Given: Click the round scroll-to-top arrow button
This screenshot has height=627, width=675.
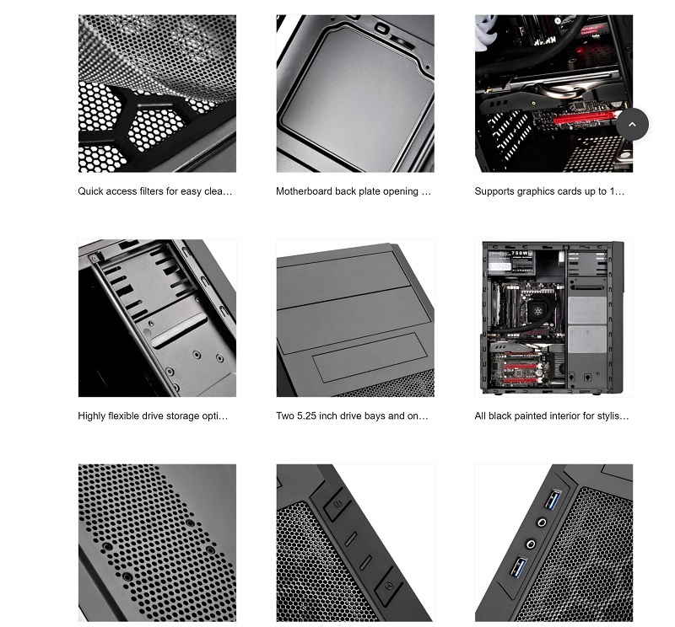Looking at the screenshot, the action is (x=632, y=124).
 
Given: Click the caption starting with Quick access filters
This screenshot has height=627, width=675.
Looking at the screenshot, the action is (x=155, y=191).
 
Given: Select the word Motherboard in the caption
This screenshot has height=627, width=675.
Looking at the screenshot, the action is (x=304, y=191).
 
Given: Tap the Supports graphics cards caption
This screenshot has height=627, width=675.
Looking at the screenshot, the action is (x=549, y=191).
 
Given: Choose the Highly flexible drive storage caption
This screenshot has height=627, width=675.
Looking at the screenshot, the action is (x=153, y=415).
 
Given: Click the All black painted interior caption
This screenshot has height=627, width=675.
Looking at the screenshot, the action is (x=552, y=415).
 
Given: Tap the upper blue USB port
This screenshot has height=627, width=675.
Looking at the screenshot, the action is (x=553, y=499).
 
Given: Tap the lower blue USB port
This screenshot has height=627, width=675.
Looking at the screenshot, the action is (x=518, y=566).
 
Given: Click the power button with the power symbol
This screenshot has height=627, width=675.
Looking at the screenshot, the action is (x=337, y=504).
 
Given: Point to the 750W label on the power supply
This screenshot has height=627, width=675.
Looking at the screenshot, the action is (x=520, y=254).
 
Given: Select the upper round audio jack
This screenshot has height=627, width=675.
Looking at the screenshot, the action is (x=542, y=522).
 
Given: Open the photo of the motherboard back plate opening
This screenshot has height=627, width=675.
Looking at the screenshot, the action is (x=355, y=94).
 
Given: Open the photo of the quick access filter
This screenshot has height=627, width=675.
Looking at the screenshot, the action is (x=157, y=94).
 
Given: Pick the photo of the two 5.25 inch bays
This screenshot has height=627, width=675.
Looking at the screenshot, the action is (x=355, y=319).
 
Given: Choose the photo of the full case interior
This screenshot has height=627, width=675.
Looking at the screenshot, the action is (x=553, y=319).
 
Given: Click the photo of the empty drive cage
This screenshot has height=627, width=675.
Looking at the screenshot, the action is (x=157, y=319).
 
